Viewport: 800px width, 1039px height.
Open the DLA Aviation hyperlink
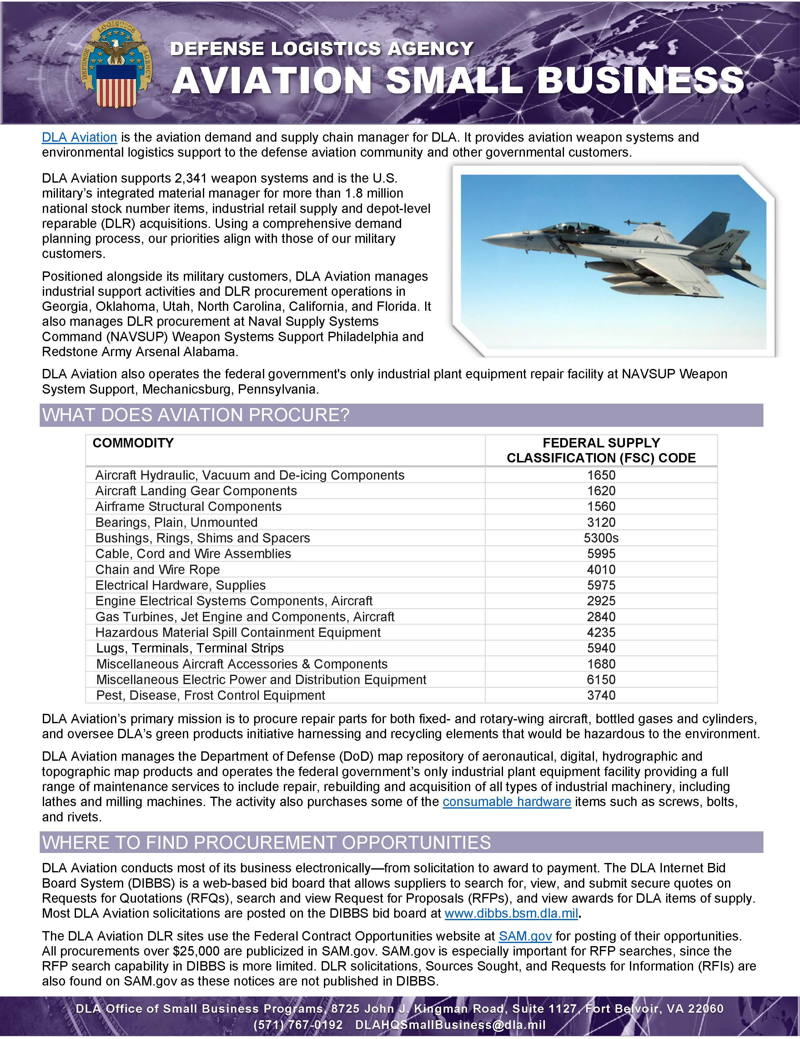click(x=79, y=138)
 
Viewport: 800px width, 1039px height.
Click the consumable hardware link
click(x=506, y=802)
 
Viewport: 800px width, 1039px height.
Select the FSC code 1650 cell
click(x=601, y=475)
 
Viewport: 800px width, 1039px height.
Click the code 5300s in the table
click(x=601, y=538)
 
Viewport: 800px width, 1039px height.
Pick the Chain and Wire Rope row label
click(x=158, y=569)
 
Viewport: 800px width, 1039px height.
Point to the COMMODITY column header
click(x=133, y=443)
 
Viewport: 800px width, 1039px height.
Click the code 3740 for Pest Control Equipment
click(x=601, y=695)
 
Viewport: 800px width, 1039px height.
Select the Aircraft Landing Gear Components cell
click(x=196, y=491)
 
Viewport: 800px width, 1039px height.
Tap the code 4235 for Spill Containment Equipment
click(x=601, y=632)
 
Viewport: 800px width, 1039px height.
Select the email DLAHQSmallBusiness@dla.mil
click(x=450, y=1024)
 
